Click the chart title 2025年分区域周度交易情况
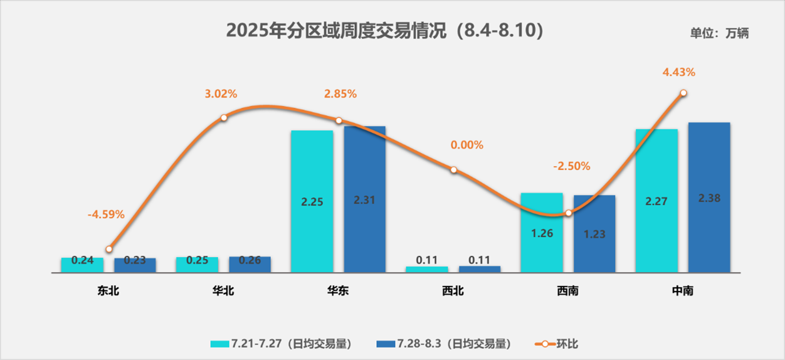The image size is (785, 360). [384, 31]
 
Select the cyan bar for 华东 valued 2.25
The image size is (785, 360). [312, 201]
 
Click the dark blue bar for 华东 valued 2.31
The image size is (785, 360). [365, 199]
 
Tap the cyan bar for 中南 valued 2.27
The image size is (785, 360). [656, 201]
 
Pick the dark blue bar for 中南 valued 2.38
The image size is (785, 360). [709, 198]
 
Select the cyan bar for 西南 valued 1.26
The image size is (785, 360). [542, 233]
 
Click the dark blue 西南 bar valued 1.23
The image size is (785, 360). [594, 234]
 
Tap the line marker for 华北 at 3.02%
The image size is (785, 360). [224, 117]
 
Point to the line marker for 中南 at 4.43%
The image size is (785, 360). [683, 93]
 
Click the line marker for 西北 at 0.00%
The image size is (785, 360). [453, 170]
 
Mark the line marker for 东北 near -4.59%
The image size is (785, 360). [109, 249]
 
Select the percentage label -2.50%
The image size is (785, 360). [571, 167]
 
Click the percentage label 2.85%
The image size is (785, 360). [340, 94]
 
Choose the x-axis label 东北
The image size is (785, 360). [108, 291]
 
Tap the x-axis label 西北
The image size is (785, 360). [453, 291]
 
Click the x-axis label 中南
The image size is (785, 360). [682, 291]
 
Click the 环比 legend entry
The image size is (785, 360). [561, 344]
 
